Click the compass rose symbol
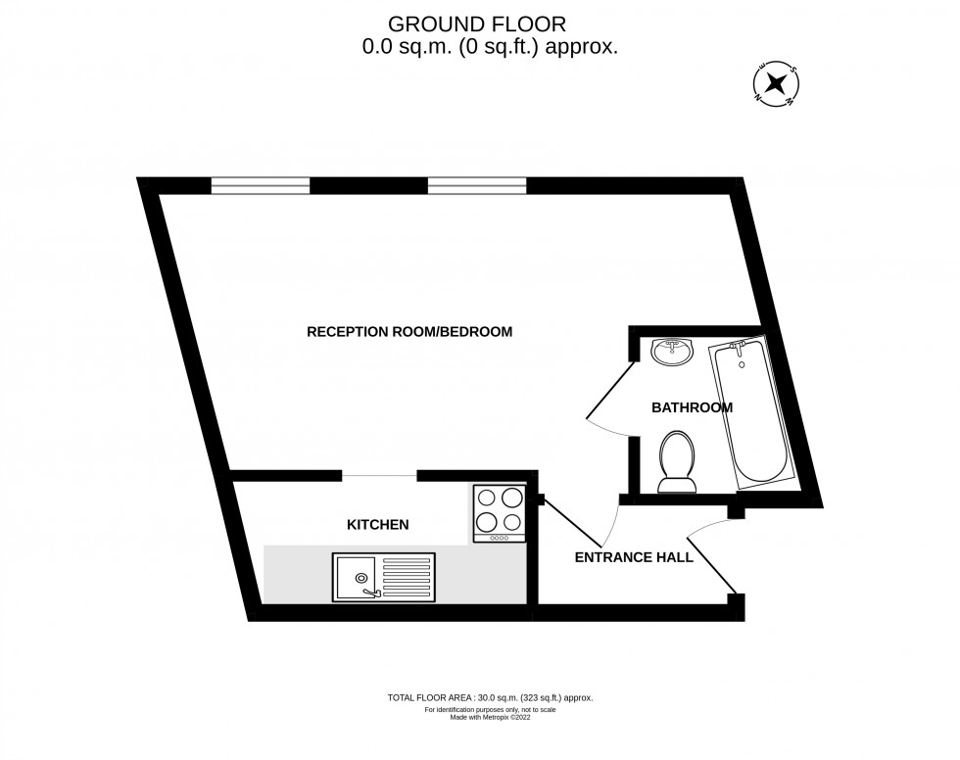point(776,83)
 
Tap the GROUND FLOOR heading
point(477,24)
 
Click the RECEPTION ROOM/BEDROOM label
point(409,332)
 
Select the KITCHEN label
point(378,524)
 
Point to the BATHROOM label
point(692,407)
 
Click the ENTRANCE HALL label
point(634,557)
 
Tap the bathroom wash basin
point(672,352)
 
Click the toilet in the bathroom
point(677,462)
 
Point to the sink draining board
point(407,577)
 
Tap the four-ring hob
point(500,513)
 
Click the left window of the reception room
point(261,185)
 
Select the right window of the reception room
point(477,185)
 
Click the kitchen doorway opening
point(380,475)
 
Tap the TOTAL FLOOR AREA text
point(490,697)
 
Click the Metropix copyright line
point(490,717)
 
